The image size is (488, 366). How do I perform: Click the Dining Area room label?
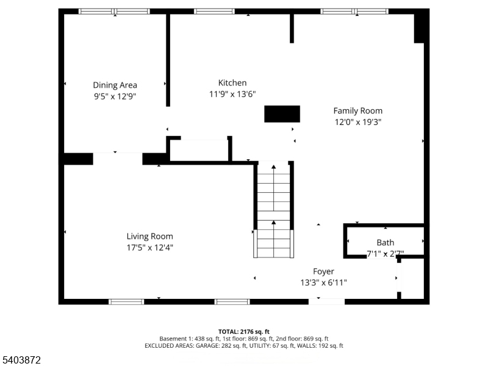[x=115, y=85]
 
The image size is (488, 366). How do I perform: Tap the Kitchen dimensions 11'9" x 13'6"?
[x=232, y=94]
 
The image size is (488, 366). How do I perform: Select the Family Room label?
[x=358, y=111]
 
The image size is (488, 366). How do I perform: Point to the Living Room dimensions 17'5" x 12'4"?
[x=149, y=248]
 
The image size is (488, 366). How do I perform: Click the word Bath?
[x=386, y=242]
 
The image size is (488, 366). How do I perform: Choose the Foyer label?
[x=324, y=271]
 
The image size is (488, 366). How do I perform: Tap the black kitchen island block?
[x=282, y=114]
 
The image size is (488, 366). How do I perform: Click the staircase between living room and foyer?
[x=273, y=209]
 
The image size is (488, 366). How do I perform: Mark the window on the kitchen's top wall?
[x=215, y=12]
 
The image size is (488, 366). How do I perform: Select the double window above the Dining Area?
[x=114, y=12]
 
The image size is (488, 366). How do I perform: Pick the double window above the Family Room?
[x=354, y=12]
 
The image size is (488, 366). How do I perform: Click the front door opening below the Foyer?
[x=326, y=301]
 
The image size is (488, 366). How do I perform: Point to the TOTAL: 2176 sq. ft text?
[x=244, y=332]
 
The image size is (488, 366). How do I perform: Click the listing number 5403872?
[x=21, y=360]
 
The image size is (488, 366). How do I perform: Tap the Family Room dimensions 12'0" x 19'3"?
[x=358, y=122]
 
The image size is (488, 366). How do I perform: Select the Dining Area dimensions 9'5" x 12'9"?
[x=115, y=96]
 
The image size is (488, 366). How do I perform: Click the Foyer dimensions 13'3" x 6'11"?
[x=324, y=282]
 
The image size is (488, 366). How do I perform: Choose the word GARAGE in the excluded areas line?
[x=207, y=346]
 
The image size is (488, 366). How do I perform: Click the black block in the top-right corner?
[x=419, y=26]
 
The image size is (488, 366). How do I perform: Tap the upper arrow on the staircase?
[x=273, y=188]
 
